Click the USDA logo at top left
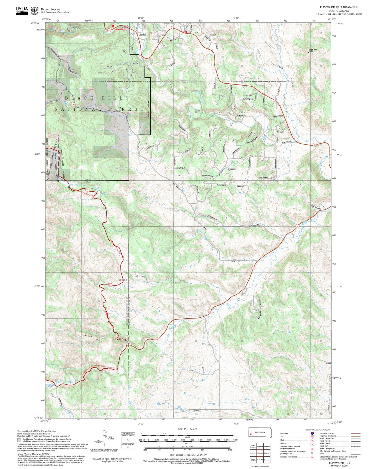pos(22,10)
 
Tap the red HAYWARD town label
pos(120,29)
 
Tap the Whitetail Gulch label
pos(93,338)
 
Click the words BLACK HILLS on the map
pos(97,98)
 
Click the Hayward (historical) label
pos(142,35)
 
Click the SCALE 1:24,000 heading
pos(187,429)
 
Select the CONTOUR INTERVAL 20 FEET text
pos(187,455)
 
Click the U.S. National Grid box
pos(128,441)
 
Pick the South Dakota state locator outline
pos(260,432)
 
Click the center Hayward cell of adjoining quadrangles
pos(260,453)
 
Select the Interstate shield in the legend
pos(312,433)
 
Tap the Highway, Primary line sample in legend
pos(356,433)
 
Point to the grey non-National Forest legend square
pos(19,440)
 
